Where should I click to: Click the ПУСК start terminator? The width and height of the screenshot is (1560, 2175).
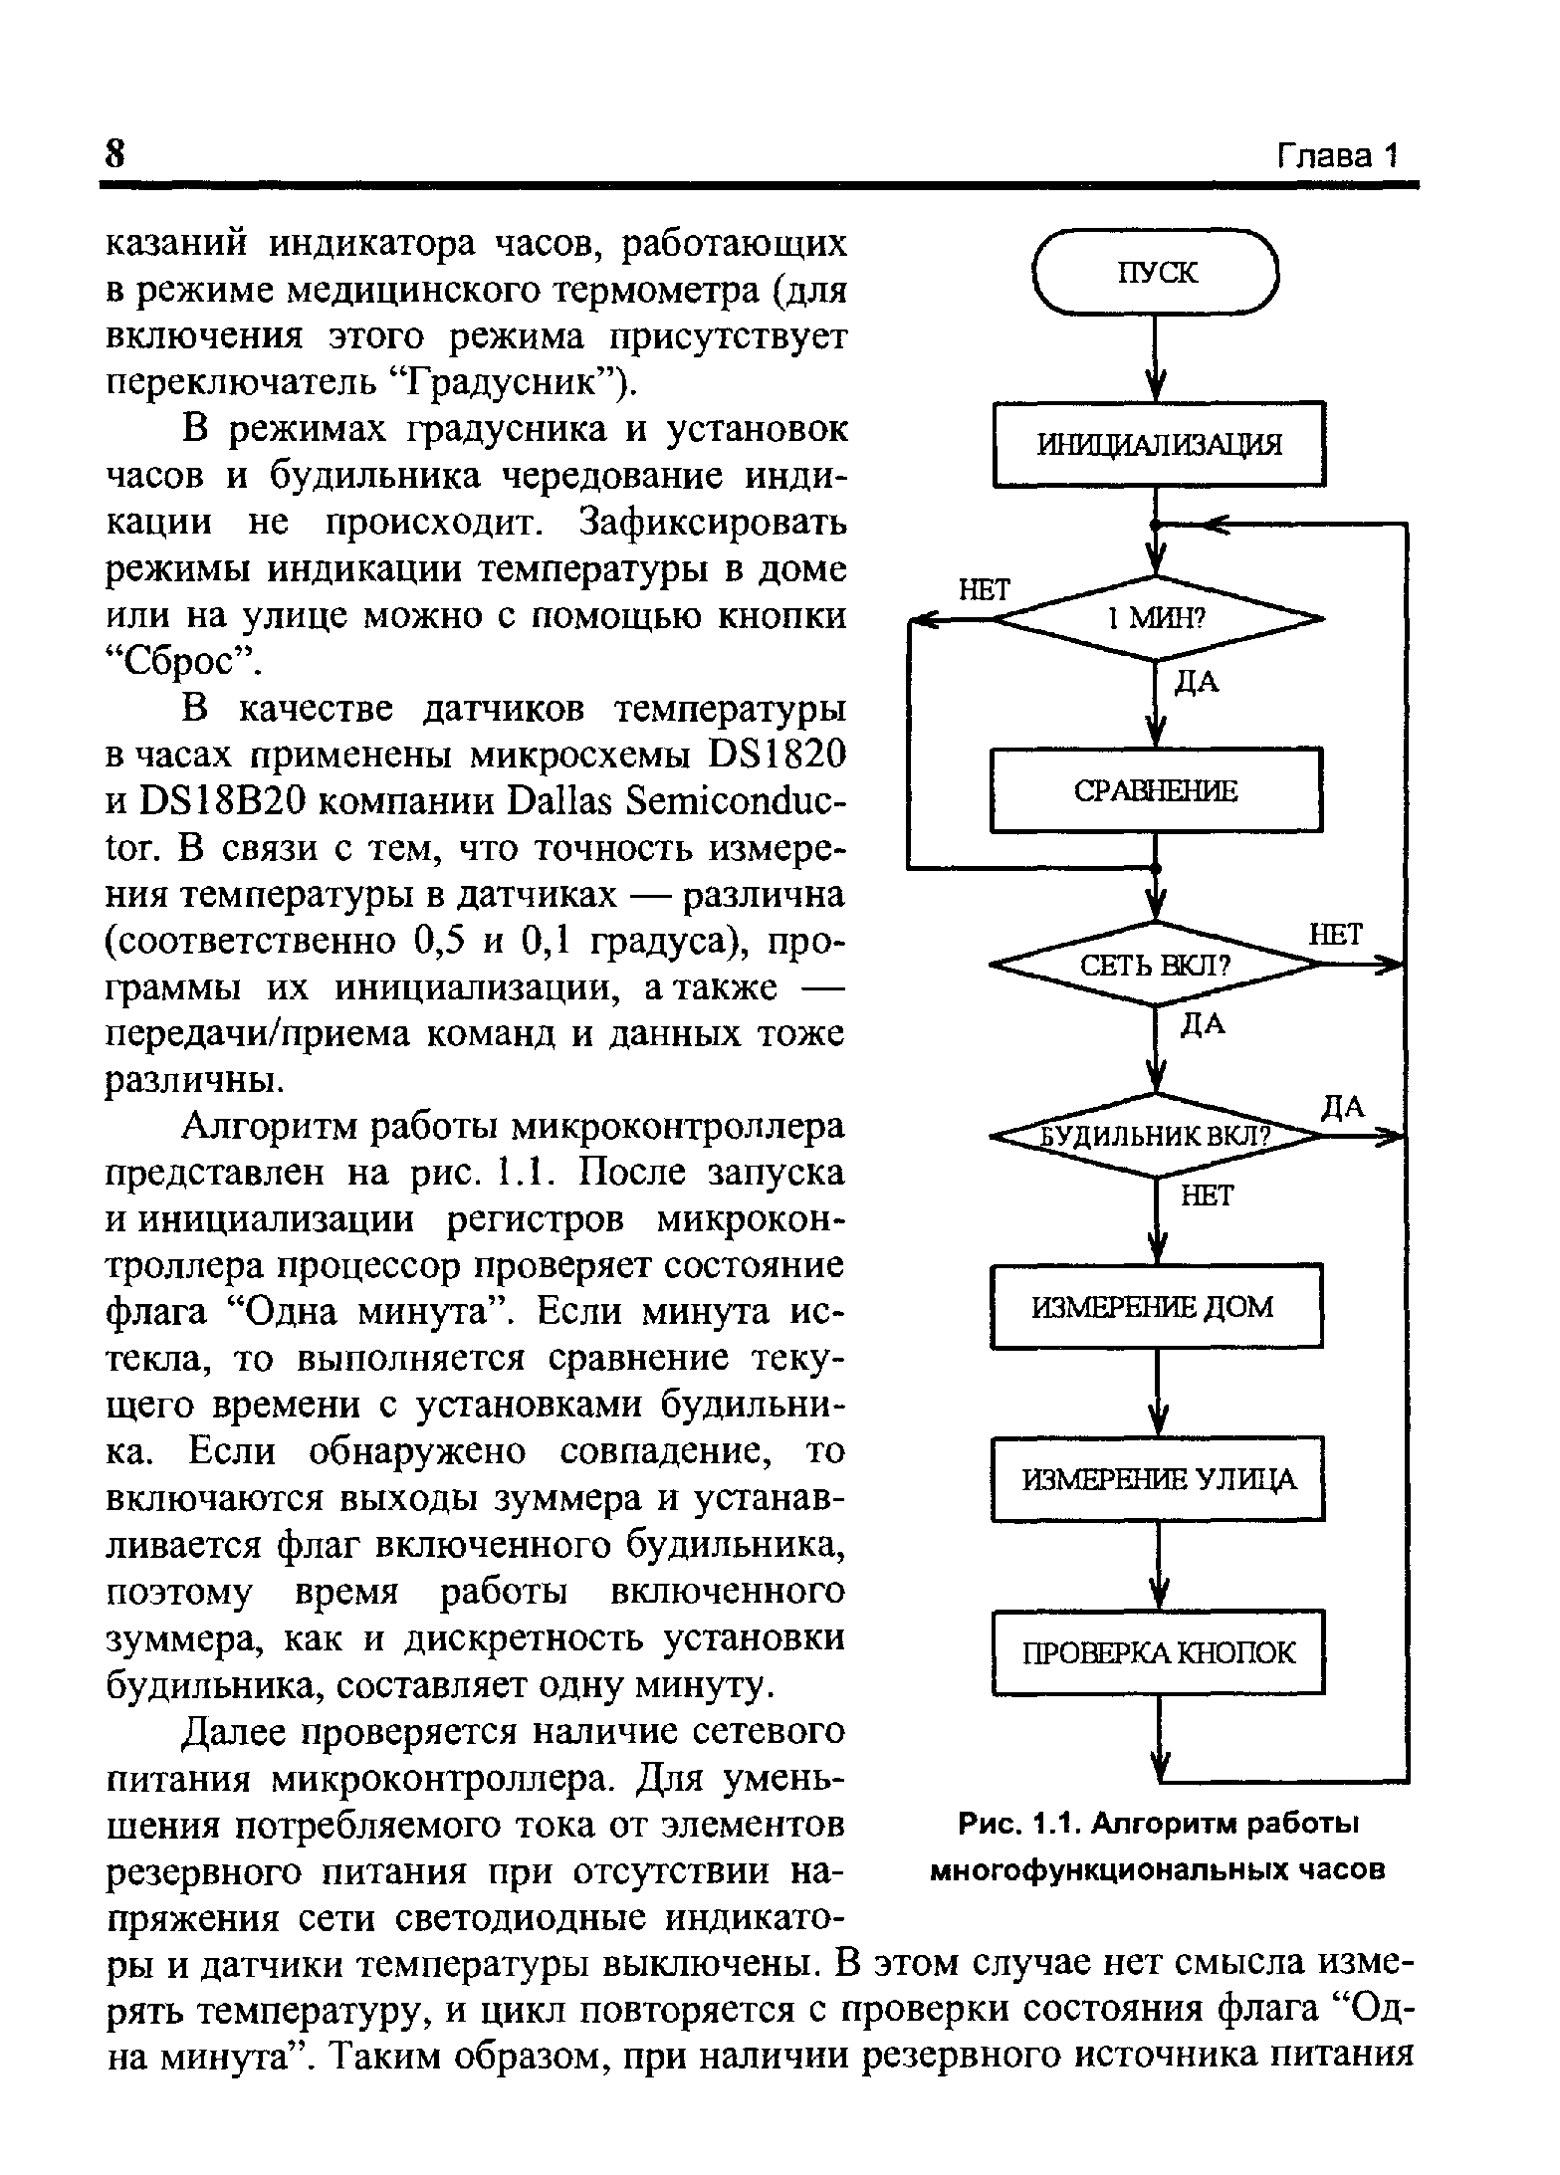(1155, 272)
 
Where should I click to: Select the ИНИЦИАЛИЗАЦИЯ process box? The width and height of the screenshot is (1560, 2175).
(1159, 444)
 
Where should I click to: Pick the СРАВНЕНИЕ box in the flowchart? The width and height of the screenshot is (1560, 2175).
(1155, 791)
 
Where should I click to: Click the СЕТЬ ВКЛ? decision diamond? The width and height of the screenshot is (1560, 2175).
(1156, 965)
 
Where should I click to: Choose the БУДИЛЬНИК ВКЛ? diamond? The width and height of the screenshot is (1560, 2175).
(1156, 1136)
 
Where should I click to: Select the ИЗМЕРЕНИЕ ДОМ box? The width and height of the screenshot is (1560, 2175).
(1156, 1306)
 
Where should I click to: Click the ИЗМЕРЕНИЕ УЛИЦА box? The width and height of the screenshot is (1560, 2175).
(1158, 1479)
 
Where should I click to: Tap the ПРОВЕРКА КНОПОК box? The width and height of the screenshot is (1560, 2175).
(1159, 1653)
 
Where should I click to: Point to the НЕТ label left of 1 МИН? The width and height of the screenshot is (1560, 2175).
(983, 590)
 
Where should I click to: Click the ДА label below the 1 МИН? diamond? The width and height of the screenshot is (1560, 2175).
(1198, 683)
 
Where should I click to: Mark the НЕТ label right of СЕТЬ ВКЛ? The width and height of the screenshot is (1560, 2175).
(1334, 934)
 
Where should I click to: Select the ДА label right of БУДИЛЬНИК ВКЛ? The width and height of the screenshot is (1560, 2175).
(1342, 1107)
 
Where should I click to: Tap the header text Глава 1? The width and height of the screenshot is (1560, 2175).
(1338, 156)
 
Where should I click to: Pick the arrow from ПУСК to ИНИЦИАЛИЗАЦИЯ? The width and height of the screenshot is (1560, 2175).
(1155, 358)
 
